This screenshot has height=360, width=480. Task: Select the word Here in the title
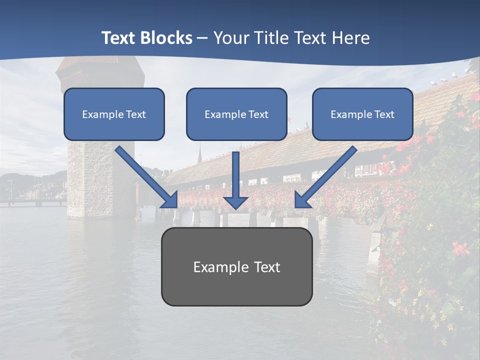[x=352, y=38]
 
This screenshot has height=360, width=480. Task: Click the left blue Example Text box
[x=114, y=114]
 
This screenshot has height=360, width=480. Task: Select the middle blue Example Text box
[x=236, y=114]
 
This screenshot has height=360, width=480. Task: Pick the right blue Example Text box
[x=362, y=114]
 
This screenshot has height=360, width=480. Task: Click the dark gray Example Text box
[x=236, y=267]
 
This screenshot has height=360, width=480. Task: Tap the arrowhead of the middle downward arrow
[x=236, y=202]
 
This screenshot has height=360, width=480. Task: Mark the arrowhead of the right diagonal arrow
[x=302, y=199]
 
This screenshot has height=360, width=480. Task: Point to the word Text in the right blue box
[x=384, y=114]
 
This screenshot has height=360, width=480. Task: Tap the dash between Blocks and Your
[x=202, y=38]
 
